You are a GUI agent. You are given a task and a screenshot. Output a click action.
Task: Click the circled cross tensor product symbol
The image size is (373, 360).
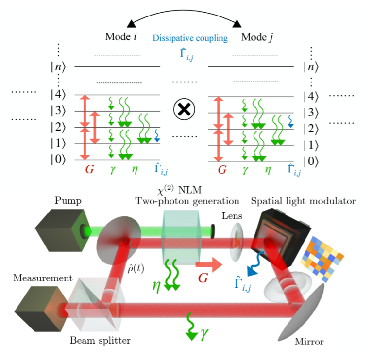tap(185, 110)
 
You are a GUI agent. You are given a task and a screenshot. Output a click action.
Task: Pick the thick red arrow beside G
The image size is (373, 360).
tap(207, 265)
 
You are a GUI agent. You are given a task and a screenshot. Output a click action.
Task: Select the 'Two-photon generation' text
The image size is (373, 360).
tap(187, 201)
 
